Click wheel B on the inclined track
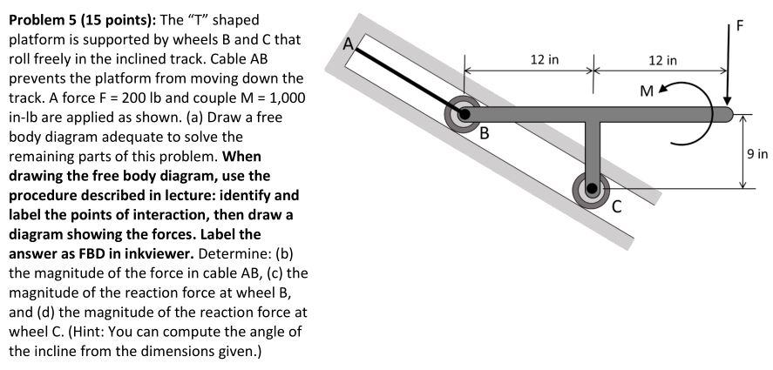tap(462, 113)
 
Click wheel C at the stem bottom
tap(592, 187)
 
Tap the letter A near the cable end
tap(349, 44)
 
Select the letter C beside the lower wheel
tap(617, 206)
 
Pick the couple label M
tap(645, 90)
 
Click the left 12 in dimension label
tap(545, 60)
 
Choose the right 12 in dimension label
tap(662, 60)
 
